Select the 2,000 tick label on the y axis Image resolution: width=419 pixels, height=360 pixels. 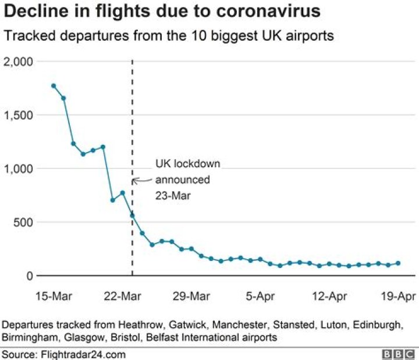tap(19, 62)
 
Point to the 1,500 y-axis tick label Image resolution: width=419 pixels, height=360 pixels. tap(19, 115)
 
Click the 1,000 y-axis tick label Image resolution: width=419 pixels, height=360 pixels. tap(19, 169)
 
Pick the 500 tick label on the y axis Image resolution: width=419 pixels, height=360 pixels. tap(23, 222)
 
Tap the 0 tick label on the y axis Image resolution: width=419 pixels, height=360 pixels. tap(29, 276)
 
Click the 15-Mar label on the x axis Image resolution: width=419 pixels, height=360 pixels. tap(54, 297)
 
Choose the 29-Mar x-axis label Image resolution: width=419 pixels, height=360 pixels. tap(191, 297)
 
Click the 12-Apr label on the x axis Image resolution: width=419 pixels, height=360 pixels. tap(329, 297)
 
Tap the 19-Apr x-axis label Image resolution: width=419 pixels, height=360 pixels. tap(397, 297)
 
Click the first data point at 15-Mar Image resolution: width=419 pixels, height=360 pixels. tap(54, 86)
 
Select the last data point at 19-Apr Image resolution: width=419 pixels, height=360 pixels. tap(399, 263)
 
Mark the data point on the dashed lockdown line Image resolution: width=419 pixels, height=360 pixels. tap(132, 215)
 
